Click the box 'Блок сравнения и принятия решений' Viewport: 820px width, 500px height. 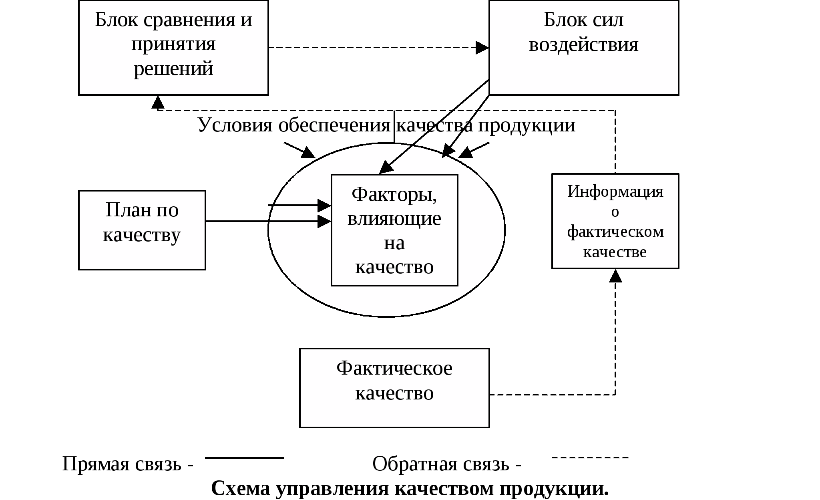173,47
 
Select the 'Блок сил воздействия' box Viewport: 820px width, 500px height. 584,47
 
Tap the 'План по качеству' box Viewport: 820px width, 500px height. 142,230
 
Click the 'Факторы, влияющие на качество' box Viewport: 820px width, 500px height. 394,230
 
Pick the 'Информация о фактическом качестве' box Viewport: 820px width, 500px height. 615,221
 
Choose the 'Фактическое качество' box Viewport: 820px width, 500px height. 394,388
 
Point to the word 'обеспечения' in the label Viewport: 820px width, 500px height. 334,125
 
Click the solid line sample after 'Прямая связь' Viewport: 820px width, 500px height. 244,458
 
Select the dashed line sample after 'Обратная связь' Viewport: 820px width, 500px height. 590,457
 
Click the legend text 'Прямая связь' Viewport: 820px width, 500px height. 122,464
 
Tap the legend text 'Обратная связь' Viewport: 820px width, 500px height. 440,464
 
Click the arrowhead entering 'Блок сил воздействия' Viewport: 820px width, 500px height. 482,48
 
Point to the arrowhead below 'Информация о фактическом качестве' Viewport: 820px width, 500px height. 615,276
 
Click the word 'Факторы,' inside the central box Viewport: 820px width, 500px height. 394,194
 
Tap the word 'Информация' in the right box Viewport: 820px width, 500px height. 615,191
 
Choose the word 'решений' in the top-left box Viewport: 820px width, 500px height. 173,69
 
